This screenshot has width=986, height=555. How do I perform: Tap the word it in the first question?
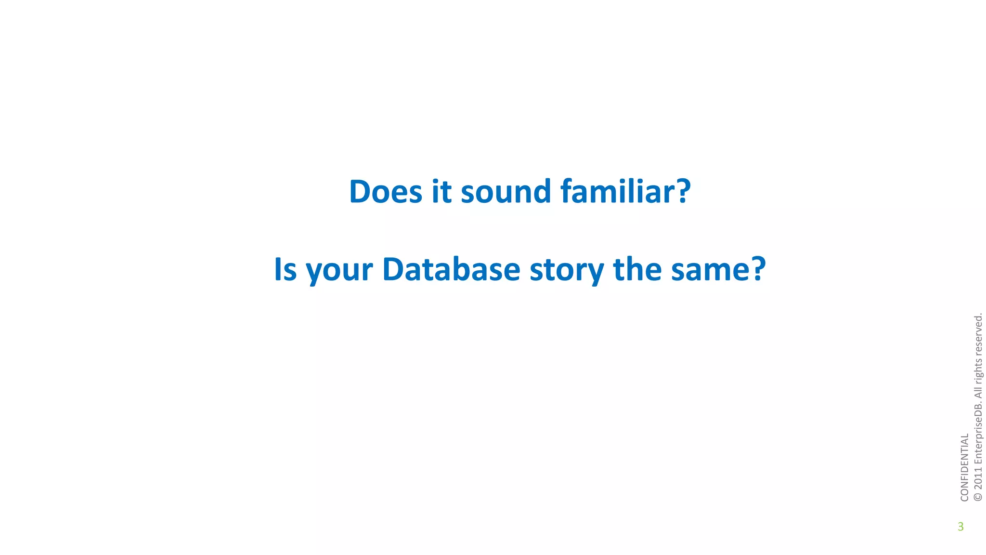441,191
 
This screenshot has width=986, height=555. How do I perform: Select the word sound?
506,191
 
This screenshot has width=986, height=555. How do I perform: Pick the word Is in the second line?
285,269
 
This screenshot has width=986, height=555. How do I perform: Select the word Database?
451,269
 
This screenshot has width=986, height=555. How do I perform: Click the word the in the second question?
637,269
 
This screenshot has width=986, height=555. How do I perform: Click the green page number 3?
960,527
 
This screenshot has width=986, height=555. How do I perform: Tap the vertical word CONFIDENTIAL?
964,467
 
